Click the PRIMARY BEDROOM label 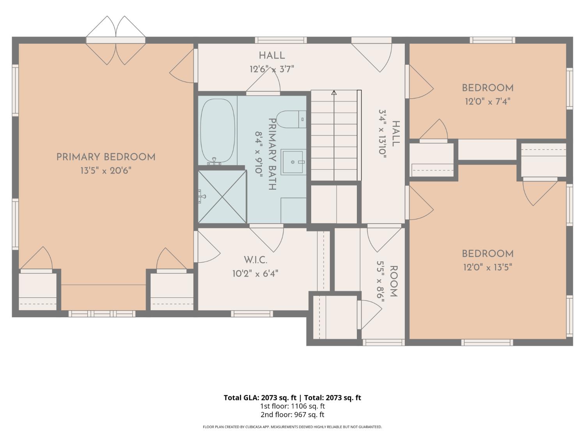106,157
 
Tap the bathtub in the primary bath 218,131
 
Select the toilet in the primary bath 291,119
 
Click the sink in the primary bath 293,162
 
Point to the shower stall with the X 222,197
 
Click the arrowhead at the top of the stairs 334,93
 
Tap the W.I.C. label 255,260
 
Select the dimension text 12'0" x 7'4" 487,101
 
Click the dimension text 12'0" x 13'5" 487,267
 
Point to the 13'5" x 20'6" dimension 106,171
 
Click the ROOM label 394,281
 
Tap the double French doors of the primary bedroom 116,40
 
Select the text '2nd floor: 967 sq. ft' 292,414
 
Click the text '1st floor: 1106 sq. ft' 292,406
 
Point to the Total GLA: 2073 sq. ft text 260,398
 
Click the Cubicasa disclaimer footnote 292,427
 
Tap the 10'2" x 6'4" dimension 255,274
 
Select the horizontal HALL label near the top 272,56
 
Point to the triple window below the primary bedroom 102,314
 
